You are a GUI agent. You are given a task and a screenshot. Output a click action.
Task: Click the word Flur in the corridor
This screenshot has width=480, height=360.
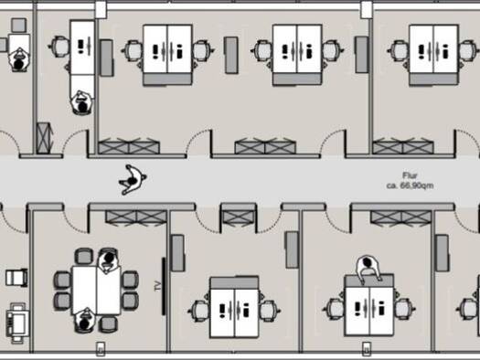(x=410, y=175)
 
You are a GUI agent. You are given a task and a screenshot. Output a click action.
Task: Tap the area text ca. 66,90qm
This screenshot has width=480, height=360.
(x=410, y=185)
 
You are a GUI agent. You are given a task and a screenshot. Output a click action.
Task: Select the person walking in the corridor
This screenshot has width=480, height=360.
(x=133, y=179)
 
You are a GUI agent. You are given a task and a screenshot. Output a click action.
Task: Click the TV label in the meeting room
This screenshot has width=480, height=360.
(x=158, y=286)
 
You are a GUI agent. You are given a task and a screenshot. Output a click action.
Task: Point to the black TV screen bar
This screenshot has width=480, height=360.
(x=164, y=286)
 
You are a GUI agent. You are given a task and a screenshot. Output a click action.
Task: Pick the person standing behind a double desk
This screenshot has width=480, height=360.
(x=368, y=270)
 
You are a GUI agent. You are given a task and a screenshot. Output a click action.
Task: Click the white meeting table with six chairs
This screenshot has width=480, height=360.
(x=96, y=291)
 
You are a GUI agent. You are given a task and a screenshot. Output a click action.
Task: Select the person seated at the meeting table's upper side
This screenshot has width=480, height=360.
(x=108, y=261)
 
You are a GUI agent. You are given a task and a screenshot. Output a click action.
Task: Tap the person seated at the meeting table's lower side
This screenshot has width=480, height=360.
(x=84, y=320)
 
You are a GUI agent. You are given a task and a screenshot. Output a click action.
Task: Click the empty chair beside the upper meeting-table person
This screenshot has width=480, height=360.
(x=84, y=257)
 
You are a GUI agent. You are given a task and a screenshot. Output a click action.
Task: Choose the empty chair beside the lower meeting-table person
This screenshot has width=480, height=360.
(x=109, y=324)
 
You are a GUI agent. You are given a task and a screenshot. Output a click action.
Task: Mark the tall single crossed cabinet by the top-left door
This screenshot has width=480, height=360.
(x=44, y=138)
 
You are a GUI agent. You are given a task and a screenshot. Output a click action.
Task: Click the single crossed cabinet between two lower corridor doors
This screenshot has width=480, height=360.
(x=238, y=217)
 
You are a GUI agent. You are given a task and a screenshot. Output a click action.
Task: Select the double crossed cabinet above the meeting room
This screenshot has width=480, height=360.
(x=136, y=217)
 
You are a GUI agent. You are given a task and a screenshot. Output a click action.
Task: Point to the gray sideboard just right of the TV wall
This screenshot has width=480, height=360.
(x=177, y=253)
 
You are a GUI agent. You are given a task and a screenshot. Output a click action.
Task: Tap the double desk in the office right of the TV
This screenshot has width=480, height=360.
(x=234, y=307)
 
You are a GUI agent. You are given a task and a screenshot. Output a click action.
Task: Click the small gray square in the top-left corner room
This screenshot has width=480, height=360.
(x=19, y=25)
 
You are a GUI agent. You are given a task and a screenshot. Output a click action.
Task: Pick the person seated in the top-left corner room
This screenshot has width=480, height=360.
(x=19, y=60)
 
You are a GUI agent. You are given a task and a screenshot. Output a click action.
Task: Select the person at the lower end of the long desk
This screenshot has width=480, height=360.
(x=82, y=102)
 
